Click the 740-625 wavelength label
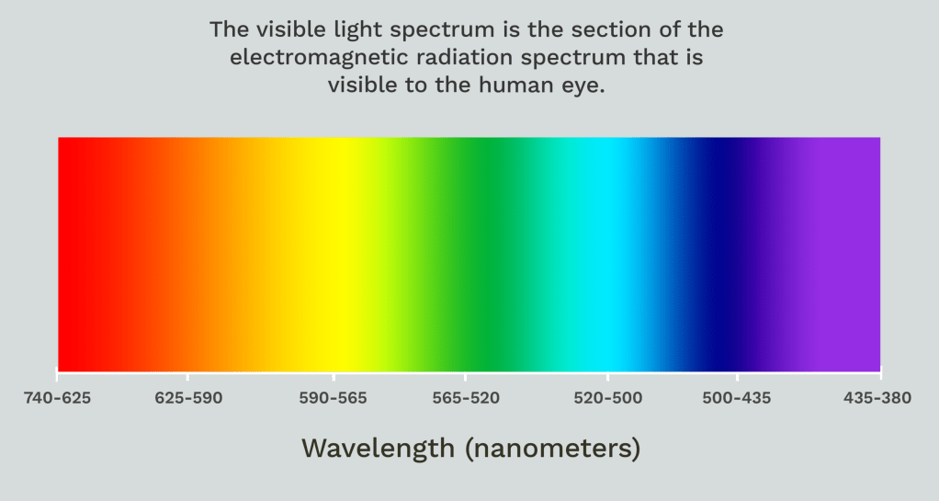[58, 398]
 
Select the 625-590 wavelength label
[188, 398]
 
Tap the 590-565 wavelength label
[333, 398]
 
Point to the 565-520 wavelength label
[466, 398]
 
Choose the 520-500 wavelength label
[608, 398]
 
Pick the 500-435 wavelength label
[737, 398]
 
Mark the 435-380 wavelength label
[877, 398]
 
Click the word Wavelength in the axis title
[378, 449]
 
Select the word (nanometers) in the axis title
[553, 449]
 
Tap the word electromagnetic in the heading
[311, 58]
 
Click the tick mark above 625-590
[187, 376]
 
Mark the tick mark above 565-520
[465, 376]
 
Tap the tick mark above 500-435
[737, 376]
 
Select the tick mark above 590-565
[334, 376]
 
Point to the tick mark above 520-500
[608, 376]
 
